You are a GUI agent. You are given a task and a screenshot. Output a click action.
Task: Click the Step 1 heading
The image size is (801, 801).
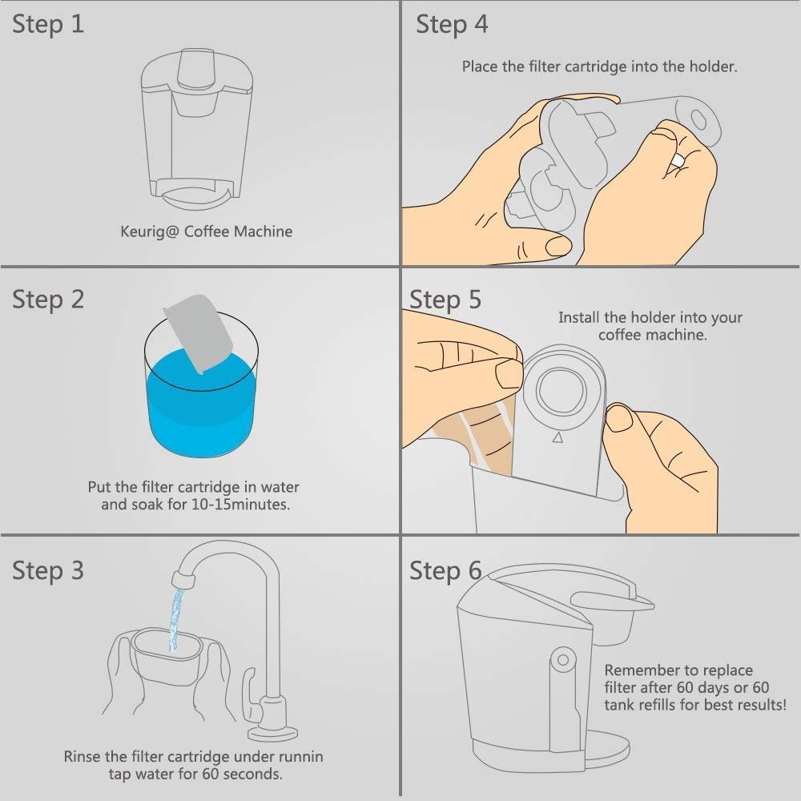coord(48,25)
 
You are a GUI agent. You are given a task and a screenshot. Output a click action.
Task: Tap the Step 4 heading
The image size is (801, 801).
coord(452,25)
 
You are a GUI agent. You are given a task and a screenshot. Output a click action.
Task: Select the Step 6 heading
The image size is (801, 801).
coord(445,571)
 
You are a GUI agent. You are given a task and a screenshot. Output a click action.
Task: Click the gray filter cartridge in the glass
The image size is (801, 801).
coord(198,333)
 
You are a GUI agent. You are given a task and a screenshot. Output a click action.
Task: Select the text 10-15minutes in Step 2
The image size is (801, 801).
coord(240,505)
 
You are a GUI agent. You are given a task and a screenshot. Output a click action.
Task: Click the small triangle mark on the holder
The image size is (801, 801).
coord(557,438)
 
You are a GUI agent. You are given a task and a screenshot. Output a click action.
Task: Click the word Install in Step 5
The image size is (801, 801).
coord(579,318)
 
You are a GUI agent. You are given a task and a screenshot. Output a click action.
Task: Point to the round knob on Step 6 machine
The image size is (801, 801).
coord(563,660)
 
